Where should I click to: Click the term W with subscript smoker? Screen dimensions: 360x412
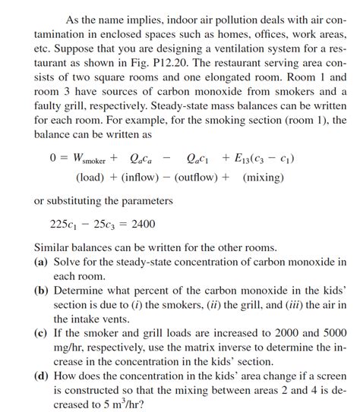(86, 159)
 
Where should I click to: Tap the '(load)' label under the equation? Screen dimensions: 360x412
(91, 178)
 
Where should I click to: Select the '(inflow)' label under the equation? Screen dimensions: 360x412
(141, 178)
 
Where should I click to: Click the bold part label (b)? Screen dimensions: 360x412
(42, 291)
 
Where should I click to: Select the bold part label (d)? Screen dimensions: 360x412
(42, 376)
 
